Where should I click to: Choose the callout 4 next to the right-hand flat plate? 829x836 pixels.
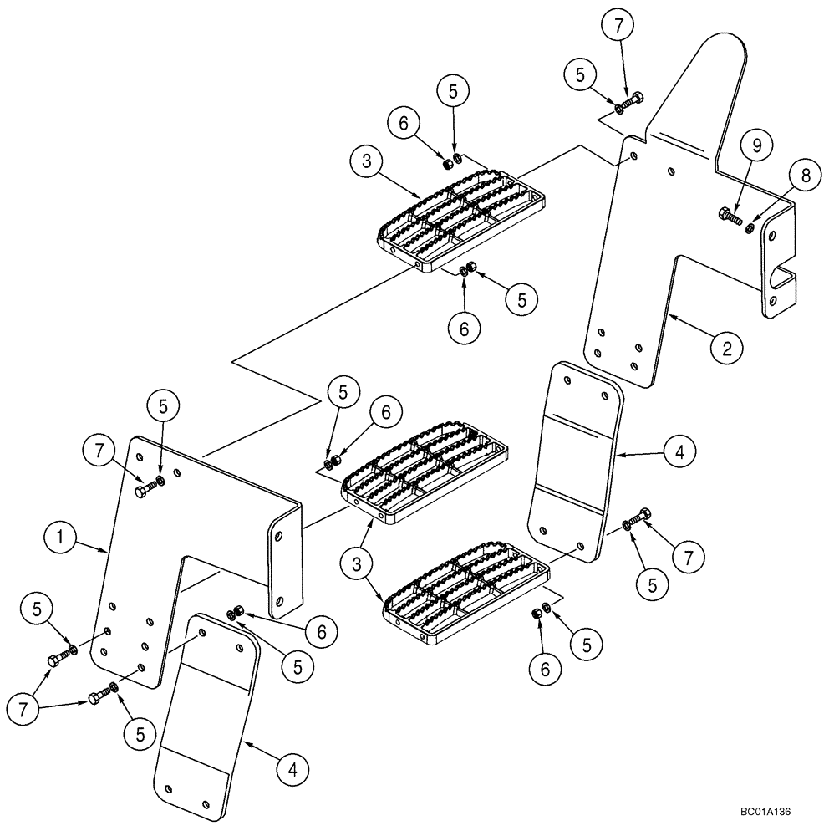coord(678,452)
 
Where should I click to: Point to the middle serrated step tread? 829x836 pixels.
coord(426,473)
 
